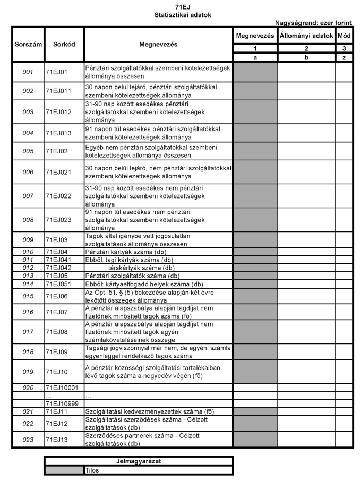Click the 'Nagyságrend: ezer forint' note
(313, 23)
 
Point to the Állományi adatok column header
(306, 36)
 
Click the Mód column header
(344, 36)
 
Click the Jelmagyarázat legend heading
(139, 461)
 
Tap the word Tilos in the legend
(92, 470)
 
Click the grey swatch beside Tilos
(64, 470)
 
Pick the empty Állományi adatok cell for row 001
(306, 72)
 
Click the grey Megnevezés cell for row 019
(255, 372)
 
